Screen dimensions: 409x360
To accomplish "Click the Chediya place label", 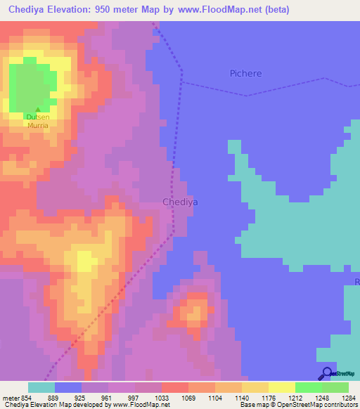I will [x=180, y=202].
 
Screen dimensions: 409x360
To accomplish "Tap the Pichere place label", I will [x=245, y=73].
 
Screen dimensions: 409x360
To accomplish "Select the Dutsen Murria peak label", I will [x=37, y=121].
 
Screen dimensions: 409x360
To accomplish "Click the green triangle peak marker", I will [x=37, y=110].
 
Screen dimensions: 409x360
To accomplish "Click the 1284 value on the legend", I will [x=349, y=397].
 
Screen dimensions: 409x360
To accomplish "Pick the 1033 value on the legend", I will [x=162, y=397].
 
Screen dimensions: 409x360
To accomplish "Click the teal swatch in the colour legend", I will [x=41, y=387].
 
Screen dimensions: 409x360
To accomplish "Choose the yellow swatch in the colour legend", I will [x=281, y=387].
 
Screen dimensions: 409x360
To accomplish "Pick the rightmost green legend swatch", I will [x=335, y=387].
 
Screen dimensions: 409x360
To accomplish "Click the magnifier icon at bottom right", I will [x=327, y=374].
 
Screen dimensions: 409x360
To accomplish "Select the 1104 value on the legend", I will [x=215, y=397].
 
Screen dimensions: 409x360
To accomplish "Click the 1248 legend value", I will [x=322, y=397].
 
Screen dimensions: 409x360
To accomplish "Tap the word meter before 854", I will [x=11, y=397].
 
